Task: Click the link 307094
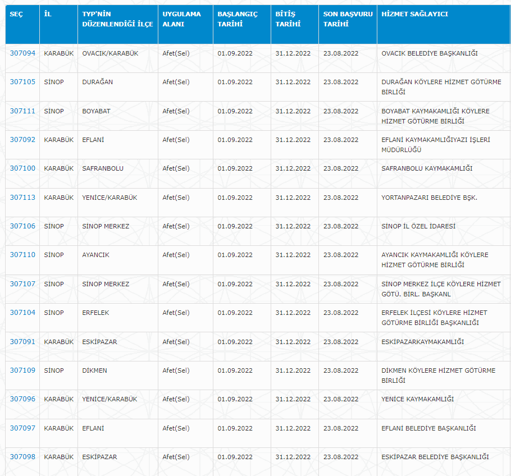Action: (22, 53)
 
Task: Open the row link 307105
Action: (22, 82)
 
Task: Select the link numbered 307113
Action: (22, 198)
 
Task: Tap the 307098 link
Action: (22, 457)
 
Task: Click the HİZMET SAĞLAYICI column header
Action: (414, 14)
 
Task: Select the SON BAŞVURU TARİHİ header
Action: (348, 19)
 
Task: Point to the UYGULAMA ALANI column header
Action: (181, 19)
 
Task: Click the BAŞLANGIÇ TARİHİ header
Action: (237, 19)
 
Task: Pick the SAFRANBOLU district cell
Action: (103, 168)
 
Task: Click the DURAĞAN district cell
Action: (98, 82)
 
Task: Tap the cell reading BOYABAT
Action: (96, 111)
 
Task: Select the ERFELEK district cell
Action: (95, 313)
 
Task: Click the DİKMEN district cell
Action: (94, 370)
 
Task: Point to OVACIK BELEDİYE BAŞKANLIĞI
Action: (430, 53)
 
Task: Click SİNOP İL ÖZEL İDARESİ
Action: (418, 226)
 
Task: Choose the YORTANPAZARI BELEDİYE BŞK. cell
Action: (429, 198)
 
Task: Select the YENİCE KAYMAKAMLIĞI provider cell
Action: (417, 399)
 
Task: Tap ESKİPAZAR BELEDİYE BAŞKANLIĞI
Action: (435, 457)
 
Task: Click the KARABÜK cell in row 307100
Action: (58, 168)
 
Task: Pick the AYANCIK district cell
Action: (95, 255)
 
